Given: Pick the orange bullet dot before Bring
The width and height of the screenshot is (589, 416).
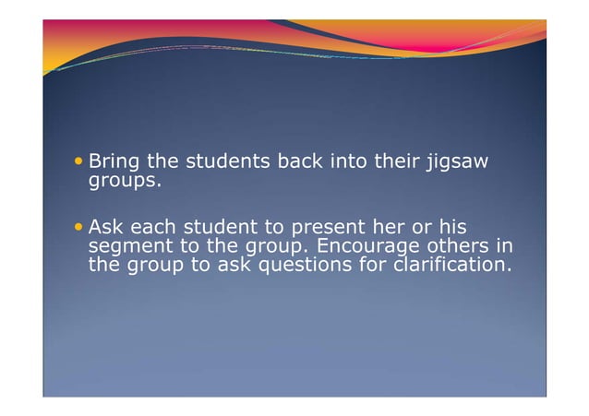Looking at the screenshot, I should click(79, 162).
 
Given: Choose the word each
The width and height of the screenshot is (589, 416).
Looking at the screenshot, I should click(153, 228).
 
